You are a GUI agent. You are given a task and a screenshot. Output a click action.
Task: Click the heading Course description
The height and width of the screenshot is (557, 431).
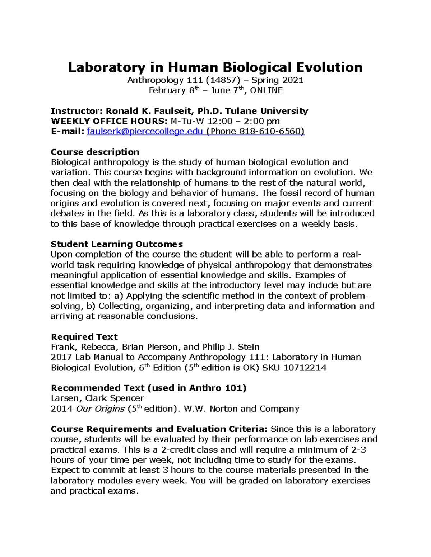[x=95, y=152]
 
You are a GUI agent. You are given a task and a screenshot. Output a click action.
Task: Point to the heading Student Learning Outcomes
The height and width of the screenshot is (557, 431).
[x=117, y=244]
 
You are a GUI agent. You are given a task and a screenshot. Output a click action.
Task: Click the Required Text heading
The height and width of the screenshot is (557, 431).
[x=84, y=337]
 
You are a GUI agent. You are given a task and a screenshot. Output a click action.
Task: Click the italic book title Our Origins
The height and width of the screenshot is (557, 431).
[x=100, y=409]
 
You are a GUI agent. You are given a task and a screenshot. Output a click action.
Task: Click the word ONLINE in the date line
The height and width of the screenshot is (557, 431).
[x=266, y=90]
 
